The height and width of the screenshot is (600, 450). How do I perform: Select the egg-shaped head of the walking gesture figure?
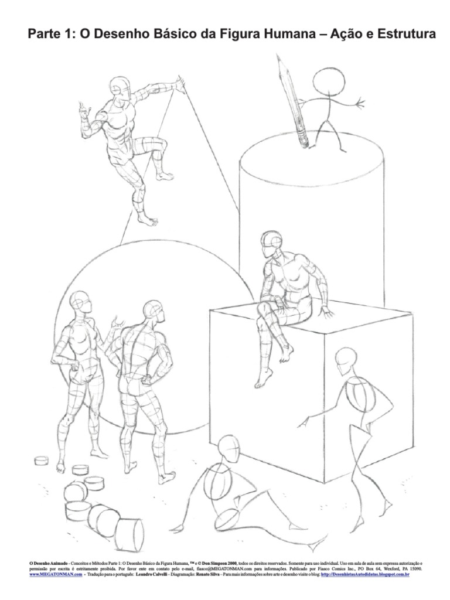[346, 359]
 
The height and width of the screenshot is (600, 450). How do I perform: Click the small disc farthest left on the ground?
[41, 461]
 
